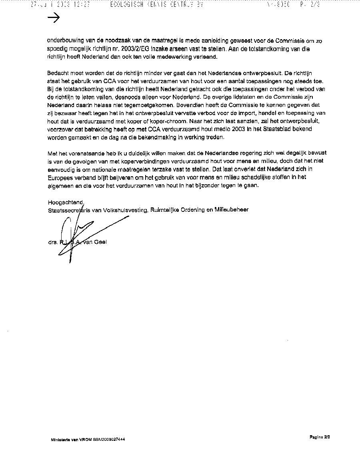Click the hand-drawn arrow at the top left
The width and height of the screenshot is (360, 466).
[x=53, y=18]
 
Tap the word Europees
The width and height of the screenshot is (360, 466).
[x=60, y=177]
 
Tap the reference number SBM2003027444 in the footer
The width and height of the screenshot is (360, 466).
[x=109, y=439]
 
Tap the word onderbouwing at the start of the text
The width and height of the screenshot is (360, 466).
[x=65, y=41]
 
